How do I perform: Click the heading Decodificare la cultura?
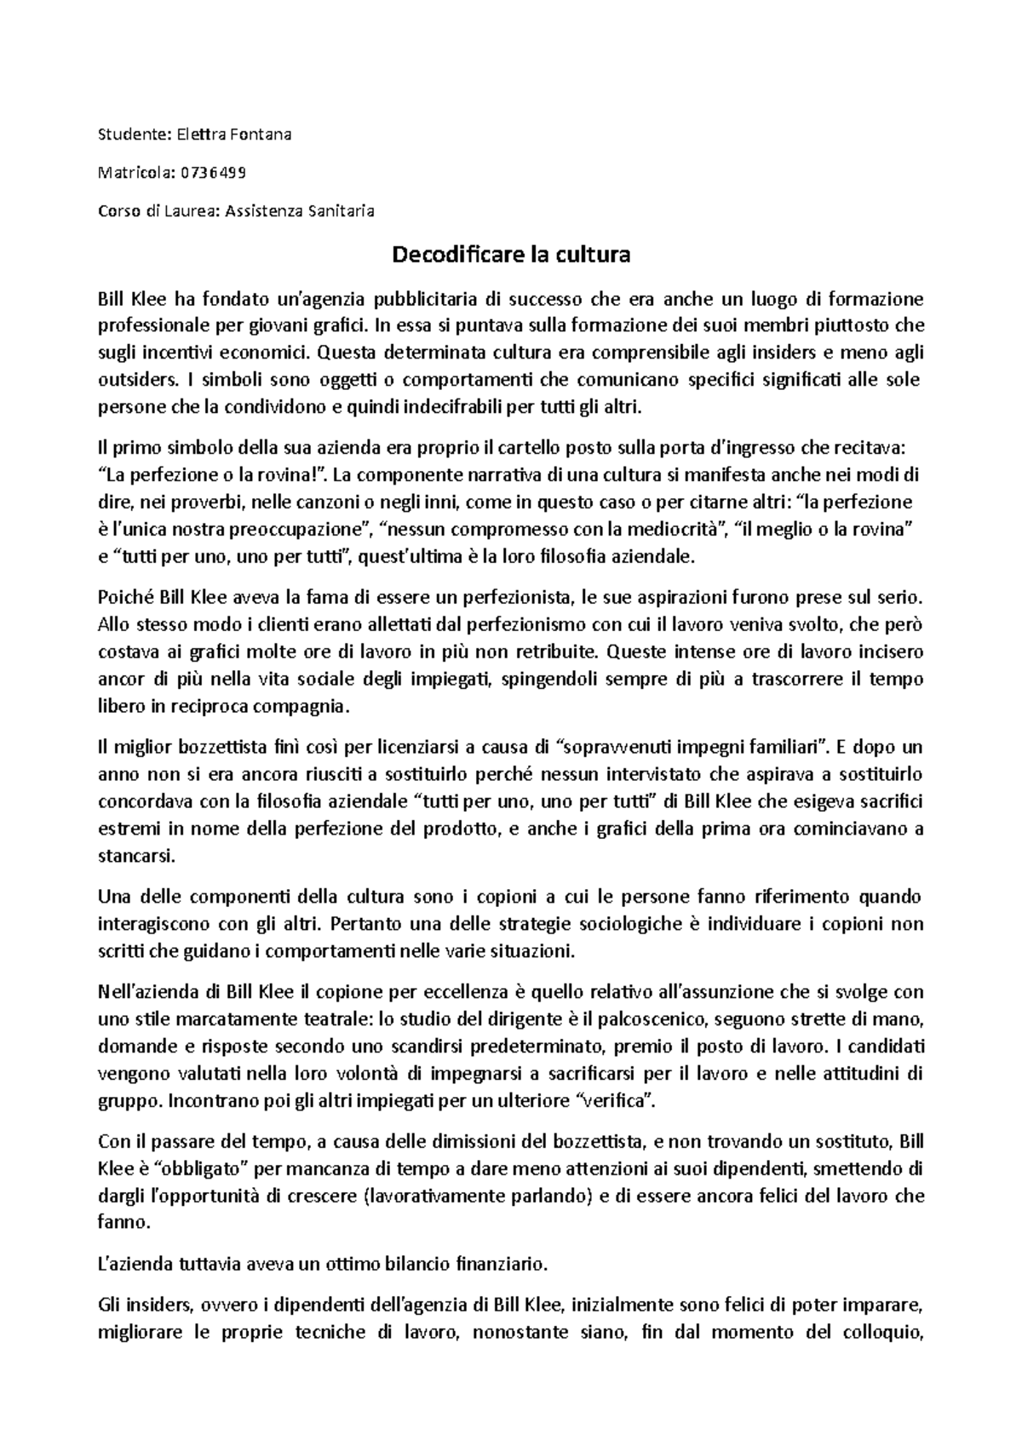click(510, 255)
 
